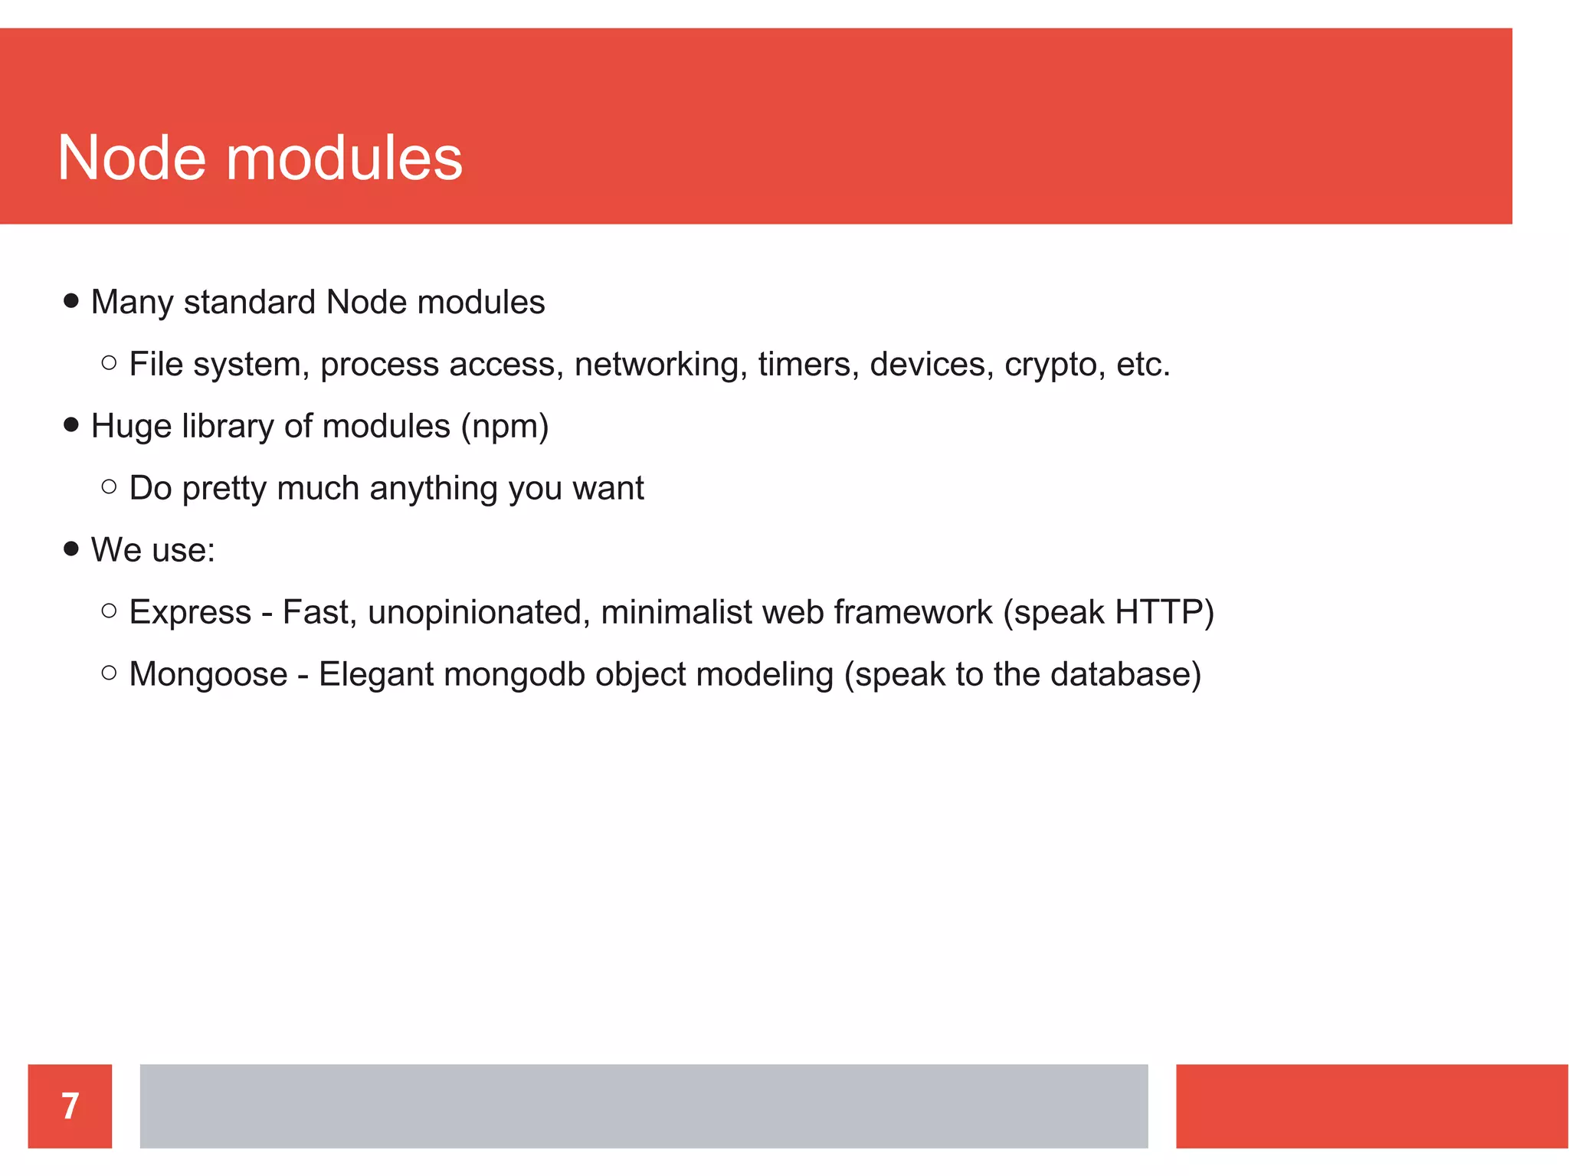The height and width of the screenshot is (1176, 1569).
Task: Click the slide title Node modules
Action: (x=260, y=158)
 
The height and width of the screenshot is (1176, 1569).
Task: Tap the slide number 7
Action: (x=70, y=1106)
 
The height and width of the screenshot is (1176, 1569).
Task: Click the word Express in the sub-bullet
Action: (x=190, y=612)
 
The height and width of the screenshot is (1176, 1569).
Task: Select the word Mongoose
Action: (x=208, y=674)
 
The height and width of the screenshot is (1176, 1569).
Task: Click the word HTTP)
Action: (x=1164, y=612)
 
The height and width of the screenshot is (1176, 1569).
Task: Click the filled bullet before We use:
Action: (x=71, y=549)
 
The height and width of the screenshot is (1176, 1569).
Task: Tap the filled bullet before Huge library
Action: (x=71, y=424)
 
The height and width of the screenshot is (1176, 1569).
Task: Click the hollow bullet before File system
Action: (x=109, y=363)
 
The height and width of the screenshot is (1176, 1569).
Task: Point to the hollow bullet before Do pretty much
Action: (x=109, y=486)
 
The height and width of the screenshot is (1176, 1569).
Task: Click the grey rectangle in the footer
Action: (x=644, y=1106)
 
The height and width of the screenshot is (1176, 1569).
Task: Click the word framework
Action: (x=912, y=612)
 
